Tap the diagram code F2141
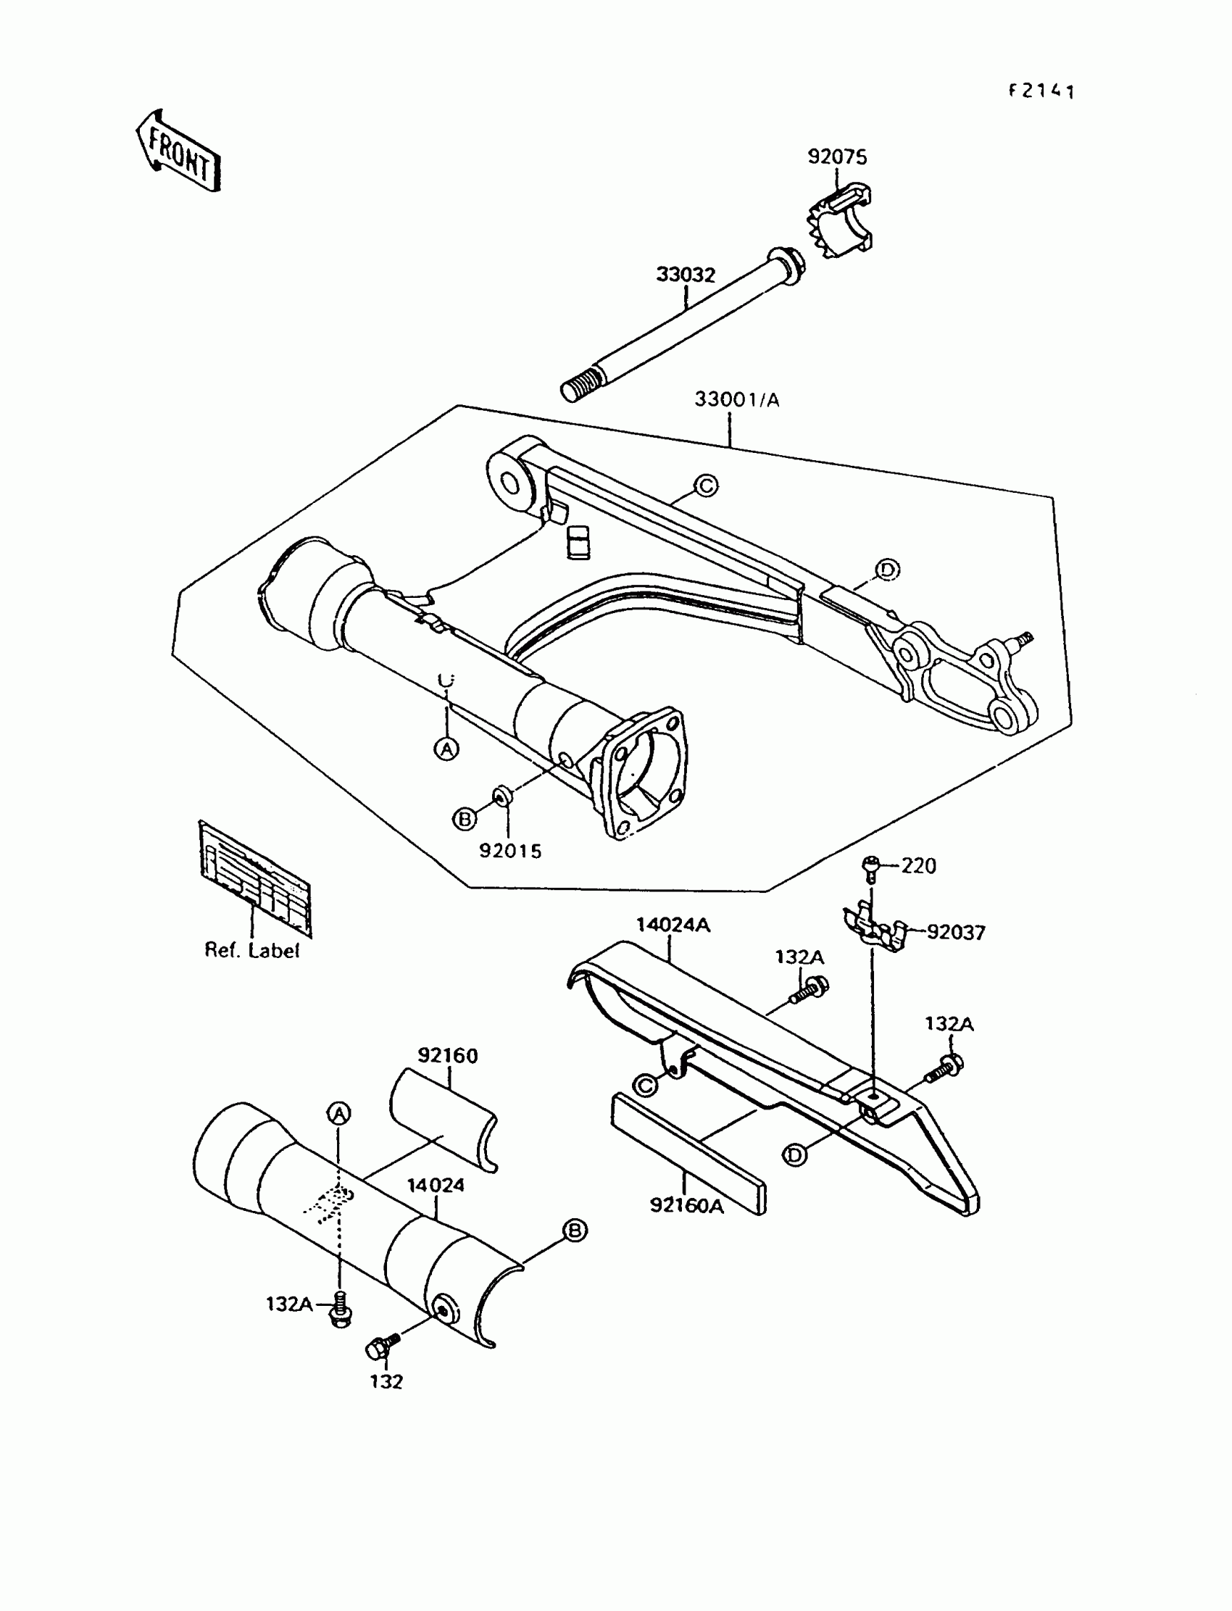pyautogui.click(x=1041, y=91)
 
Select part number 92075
pyautogui.click(x=837, y=157)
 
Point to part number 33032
pyautogui.click(x=685, y=275)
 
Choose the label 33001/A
pyautogui.click(x=736, y=400)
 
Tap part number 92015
pyautogui.click(x=510, y=852)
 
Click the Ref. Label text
pyautogui.click(x=251, y=950)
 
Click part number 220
pyautogui.click(x=918, y=866)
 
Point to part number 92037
pyautogui.click(x=956, y=933)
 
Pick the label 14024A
pyautogui.click(x=673, y=925)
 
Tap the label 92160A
pyautogui.click(x=686, y=1205)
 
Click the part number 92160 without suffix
pyautogui.click(x=447, y=1056)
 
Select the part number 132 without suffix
pyautogui.click(x=386, y=1381)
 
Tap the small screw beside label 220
pyautogui.click(x=871, y=868)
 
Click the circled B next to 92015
pyautogui.click(x=465, y=818)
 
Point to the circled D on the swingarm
pyautogui.click(x=887, y=570)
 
